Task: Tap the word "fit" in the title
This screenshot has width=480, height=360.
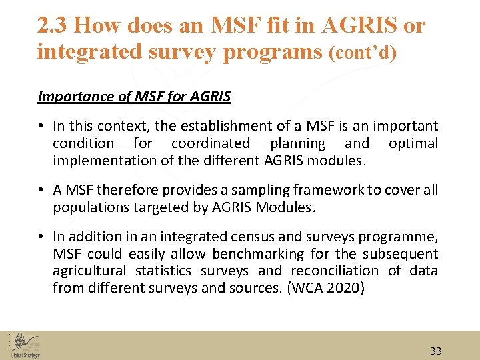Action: (301, 25)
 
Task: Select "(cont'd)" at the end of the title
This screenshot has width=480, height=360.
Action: (363, 53)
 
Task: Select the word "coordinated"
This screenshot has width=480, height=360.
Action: (210, 143)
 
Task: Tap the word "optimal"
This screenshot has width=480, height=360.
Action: (413, 143)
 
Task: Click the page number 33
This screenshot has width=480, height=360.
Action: (435, 351)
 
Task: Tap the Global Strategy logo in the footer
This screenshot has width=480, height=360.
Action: (25, 345)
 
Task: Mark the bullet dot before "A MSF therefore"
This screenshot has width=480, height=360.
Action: (41, 191)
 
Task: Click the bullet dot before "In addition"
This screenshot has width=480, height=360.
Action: (41, 237)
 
